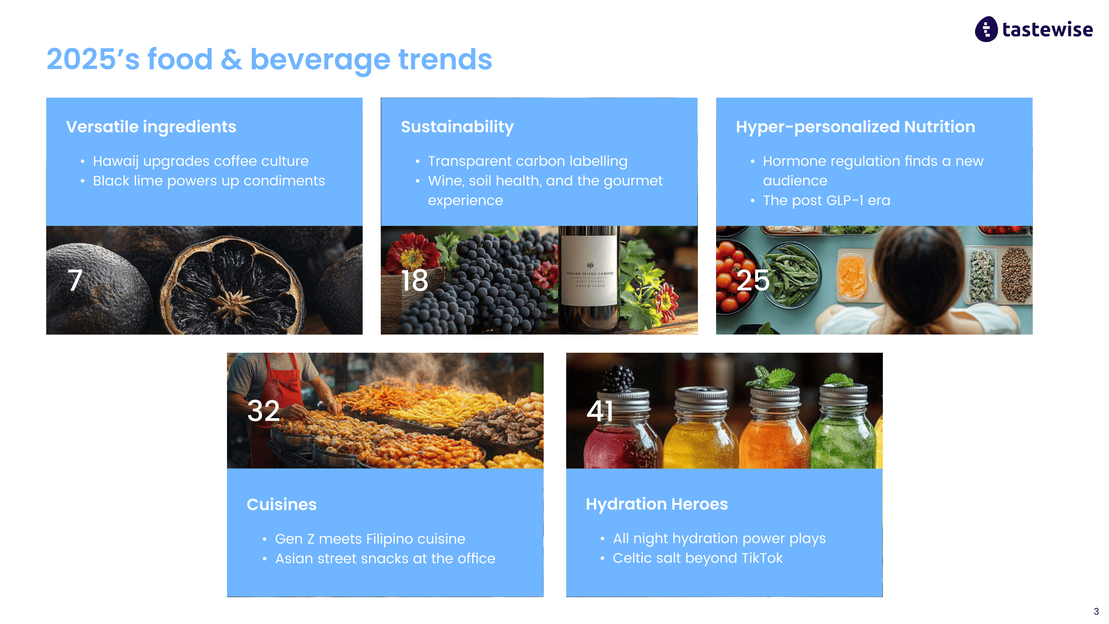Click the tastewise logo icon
986,29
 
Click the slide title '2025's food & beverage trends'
269,59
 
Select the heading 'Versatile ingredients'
151,127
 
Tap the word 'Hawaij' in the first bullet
116,161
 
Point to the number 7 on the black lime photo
75,280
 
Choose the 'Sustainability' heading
457,127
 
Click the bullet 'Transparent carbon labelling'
528,161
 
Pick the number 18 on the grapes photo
415,280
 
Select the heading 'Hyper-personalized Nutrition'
856,127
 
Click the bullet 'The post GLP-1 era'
827,200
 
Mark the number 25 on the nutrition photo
753,280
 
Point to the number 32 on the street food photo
263,411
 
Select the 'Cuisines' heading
282,504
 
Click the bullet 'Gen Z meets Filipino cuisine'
370,539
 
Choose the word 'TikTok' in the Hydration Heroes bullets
762,558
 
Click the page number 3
1096,611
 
